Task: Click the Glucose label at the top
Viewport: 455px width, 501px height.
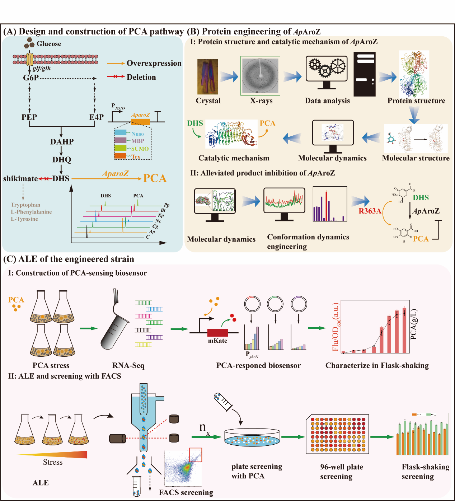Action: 48,44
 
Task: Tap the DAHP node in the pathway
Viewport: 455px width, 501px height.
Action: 62,142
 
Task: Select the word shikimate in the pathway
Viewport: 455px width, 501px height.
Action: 20,178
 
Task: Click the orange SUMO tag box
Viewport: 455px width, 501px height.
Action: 120,149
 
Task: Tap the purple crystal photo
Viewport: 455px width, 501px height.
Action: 208,77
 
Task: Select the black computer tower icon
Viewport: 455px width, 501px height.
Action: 365,74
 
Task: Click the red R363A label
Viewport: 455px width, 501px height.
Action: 370,211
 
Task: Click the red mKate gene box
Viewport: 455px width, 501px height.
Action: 217,332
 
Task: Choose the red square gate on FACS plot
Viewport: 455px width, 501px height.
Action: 196,455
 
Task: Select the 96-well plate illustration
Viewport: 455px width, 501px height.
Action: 338,434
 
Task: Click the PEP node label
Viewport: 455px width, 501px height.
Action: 29,117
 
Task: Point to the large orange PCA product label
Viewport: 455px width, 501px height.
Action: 155,178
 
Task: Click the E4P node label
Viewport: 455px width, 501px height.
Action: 96,117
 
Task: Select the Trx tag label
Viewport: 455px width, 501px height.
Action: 136,156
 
